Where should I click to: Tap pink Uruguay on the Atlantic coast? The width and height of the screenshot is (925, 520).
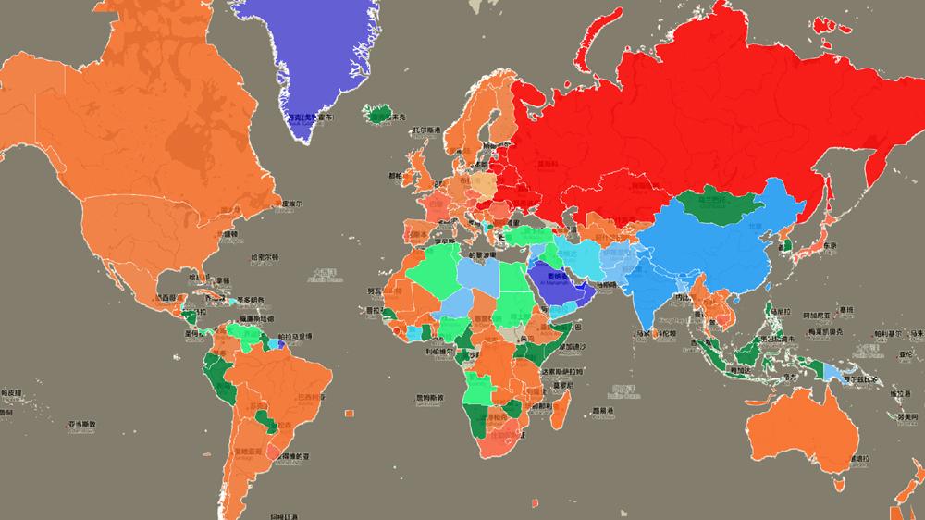point(275,452)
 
